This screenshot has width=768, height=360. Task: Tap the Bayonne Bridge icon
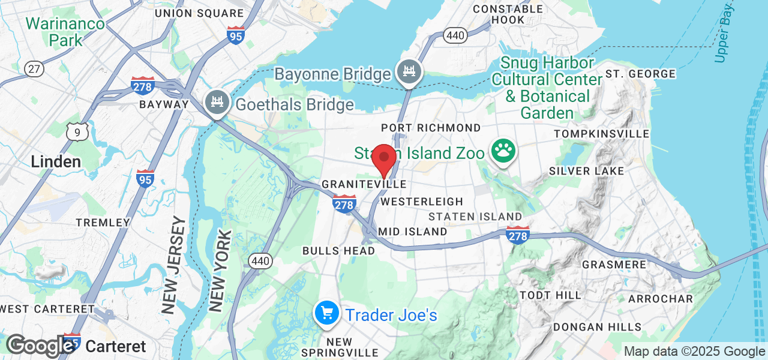coord(410,71)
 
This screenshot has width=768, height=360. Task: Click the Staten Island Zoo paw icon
coord(502,152)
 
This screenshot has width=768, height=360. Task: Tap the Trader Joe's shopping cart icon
coord(327,314)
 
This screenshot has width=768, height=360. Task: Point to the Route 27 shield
coord(34,68)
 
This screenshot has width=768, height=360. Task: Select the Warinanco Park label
coord(65,32)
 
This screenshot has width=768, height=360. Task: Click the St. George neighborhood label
coord(641,74)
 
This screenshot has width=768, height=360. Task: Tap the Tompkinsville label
coord(602,133)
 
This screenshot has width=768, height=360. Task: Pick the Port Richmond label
coord(431,128)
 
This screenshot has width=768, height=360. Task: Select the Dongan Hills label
coord(597,327)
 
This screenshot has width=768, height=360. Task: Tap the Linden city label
coord(56,161)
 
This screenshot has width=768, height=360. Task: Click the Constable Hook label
coord(508,14)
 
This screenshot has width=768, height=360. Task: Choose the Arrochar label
coord(661,298)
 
